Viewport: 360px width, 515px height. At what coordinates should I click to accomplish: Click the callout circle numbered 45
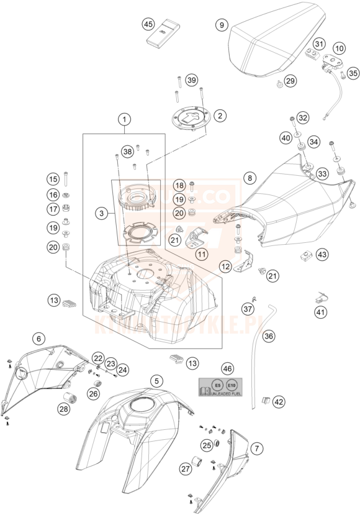[x=148, y=24]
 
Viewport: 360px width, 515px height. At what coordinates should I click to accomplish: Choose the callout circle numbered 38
[x=127, y=151]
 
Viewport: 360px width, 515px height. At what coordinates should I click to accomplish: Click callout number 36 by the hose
[x=268, y=336]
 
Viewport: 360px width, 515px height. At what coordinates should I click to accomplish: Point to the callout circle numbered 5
[x=157, y=380]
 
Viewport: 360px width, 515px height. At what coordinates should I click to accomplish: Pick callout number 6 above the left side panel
[x=38, y=339]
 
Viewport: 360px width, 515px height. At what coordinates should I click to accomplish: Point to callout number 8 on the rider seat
[x=249, y=178]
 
